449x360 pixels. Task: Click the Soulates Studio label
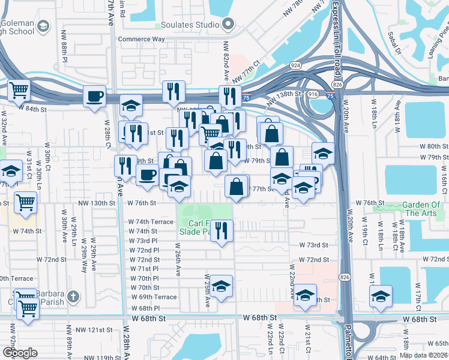[188, 25]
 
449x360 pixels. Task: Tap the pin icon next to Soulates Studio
[228, 25]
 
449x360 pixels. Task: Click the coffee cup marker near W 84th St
[95, 97]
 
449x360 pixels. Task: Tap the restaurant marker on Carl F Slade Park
[222, 230]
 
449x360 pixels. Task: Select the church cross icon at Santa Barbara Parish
[73, 296]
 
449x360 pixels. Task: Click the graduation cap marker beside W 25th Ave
[221, 287]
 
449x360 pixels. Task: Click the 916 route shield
[313, 95]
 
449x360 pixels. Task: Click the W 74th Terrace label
[151, 221]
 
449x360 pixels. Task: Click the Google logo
[19, 353]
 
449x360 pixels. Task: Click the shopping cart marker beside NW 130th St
[25, 203]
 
